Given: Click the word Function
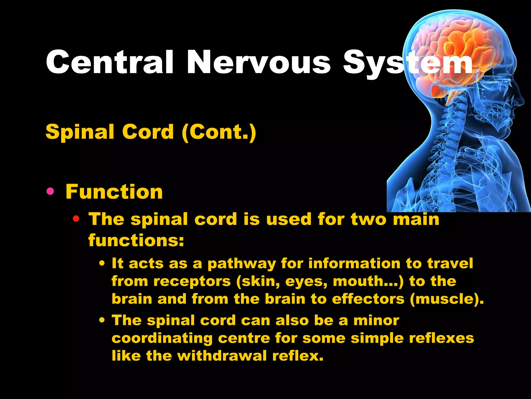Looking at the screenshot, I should pyautogui.click(x=114, y=192).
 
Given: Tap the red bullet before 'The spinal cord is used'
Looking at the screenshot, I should pyautogui.click(x=76, y=219).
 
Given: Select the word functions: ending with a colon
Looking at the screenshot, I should pyautogui.click(x=136, y=240).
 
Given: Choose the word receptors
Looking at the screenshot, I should pyautogui.click(x=192, y=282).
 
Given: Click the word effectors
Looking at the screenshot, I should pyautogui.click(x=368, y=299).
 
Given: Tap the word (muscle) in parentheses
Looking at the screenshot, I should pyautogui.click(x=446, y=299).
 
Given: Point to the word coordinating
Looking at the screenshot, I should pyautogui.click(x=162, y=338).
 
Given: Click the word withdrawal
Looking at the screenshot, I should pyautogui.click(x=222, y=356).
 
